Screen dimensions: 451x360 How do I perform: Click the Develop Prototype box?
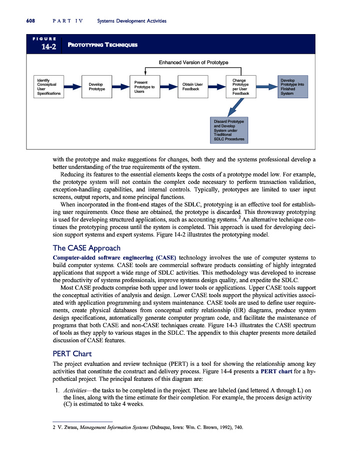click(97, 87)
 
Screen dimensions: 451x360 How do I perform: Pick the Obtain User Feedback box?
click(193, 87)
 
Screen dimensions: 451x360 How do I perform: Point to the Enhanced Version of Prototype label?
click(193, 62)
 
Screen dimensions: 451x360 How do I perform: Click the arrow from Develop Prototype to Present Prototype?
click(121, 87)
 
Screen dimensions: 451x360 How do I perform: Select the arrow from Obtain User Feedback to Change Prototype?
click(217, 87)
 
